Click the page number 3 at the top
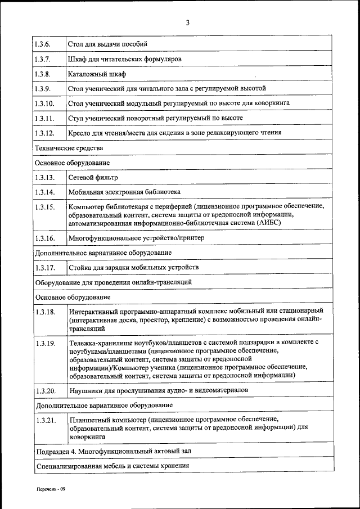187,23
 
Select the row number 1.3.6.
42,44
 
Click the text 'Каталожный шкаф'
97,74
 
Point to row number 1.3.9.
42,89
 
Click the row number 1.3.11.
44,118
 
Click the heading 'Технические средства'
69,148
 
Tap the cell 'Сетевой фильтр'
93,178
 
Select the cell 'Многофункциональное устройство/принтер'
136,238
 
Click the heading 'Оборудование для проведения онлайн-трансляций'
114,281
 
